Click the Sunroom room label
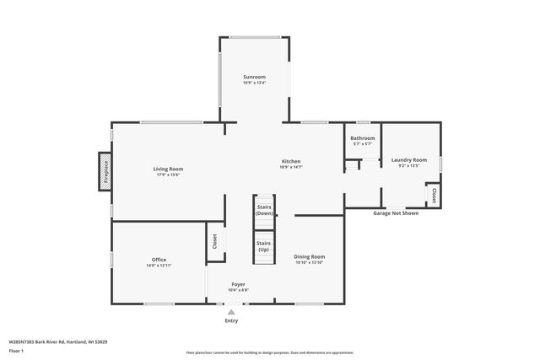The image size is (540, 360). [x=254, y=77]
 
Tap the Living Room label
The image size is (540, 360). [x=168, y=169]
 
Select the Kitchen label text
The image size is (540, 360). [x=290, y=161]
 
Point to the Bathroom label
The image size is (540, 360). [x=363, y=137]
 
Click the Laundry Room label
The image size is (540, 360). [x=408, y=159]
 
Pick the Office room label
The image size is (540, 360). [x=159, y=259]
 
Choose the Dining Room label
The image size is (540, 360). [x=310, y=256]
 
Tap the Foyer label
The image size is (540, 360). [x=238, y=284]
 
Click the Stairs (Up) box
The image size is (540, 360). [x=264, y=246]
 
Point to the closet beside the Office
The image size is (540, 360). [x=214, y=241]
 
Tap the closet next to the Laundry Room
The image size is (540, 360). [x=434, y=195]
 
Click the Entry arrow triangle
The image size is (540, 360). [x=231, y=312]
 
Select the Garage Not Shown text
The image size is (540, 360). [x=396, y=213]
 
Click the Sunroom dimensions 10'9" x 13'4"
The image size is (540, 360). [x=254, y=83]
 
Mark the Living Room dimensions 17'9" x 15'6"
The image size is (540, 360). [x=168, y=175]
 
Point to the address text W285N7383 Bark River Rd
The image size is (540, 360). [x=58, y=341]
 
